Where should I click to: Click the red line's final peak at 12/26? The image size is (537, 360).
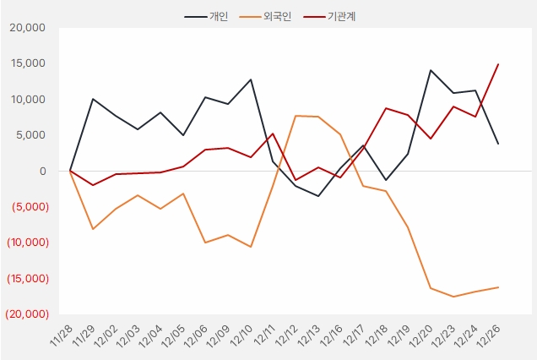pos(498,64)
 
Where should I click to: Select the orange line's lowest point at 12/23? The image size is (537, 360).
pos(453,297)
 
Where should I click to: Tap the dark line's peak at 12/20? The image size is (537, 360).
pos(431,70)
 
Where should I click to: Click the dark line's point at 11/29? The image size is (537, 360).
pos(92,99)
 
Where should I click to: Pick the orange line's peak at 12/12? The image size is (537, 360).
pos(296,116)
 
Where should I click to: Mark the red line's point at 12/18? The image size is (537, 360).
pos(386,108)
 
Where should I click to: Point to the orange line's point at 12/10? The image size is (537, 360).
pos(250,247)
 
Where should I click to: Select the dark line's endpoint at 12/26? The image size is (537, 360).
pos(498,144)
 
